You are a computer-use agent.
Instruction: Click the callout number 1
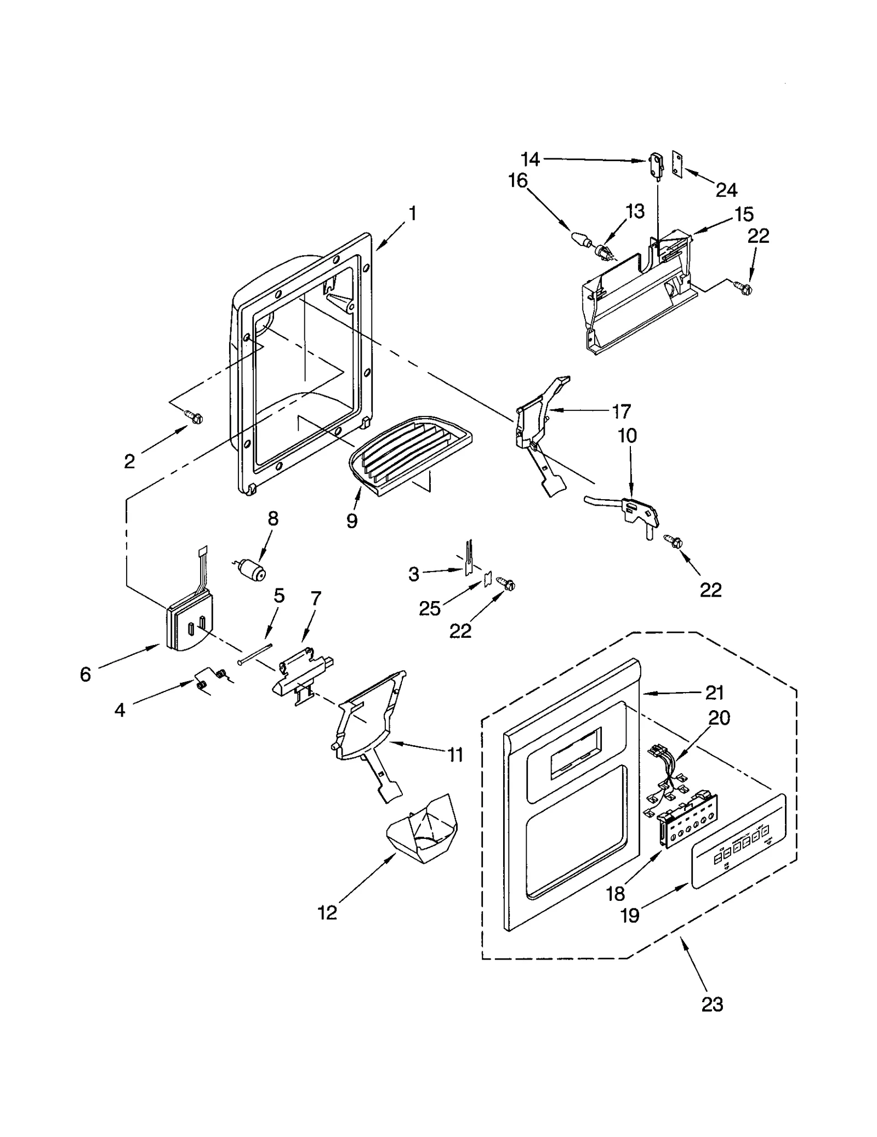[412, 213]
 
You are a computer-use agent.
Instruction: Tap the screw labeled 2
[195, 418]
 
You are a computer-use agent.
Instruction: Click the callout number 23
[712, 1004]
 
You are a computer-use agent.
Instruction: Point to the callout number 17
[621, 411]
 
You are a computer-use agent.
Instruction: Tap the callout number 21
[714, 693]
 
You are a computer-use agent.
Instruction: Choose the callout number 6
[85, 674]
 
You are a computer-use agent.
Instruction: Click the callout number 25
[429, 608]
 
